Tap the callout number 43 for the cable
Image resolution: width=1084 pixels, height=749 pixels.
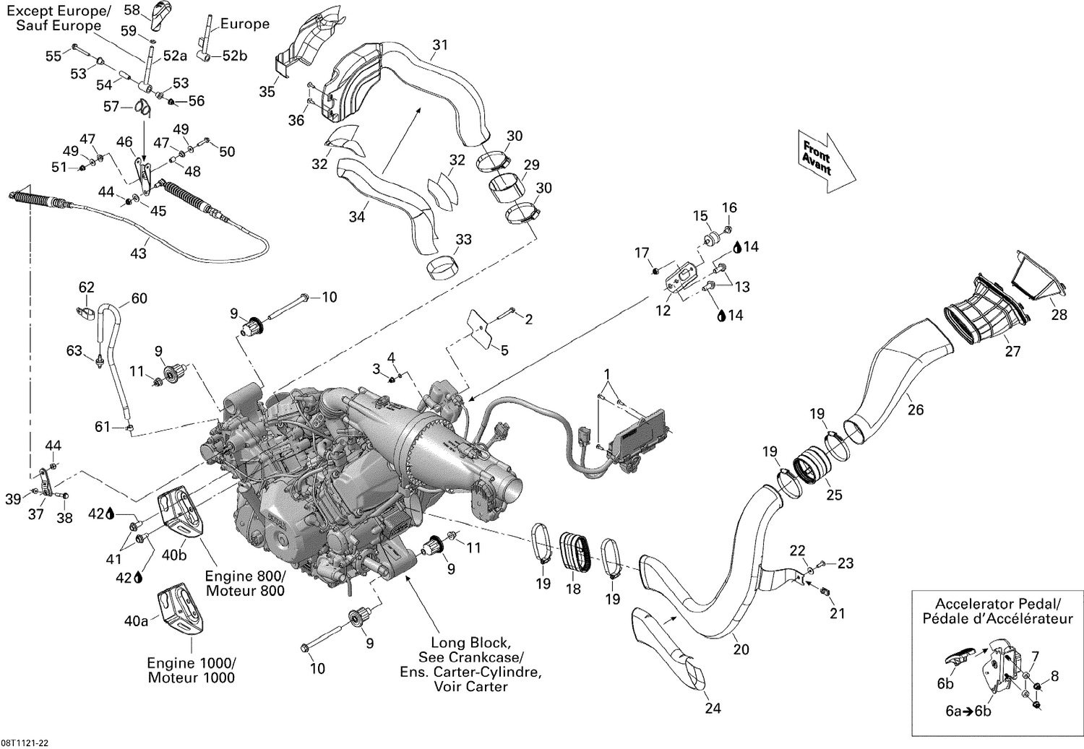click(137, 253)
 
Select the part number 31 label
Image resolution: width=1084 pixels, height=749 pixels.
click(439, 45)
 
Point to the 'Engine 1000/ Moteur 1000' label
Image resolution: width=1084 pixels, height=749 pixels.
click(191, 670)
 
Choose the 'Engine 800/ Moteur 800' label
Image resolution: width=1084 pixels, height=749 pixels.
click(245, 584)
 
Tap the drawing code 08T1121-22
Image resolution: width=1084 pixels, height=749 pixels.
click(25, 742)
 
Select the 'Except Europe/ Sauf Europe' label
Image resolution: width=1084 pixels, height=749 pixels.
click(59, 19)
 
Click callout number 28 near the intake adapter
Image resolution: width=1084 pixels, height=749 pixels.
click(1059, 315)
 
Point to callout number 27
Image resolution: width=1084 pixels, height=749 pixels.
click(1013, 351)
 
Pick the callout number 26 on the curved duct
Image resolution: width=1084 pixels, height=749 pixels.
click(916, 410)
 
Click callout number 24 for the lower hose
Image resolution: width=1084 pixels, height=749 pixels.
click(713, 708)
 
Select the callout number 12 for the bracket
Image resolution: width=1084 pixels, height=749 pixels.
click(663, 311)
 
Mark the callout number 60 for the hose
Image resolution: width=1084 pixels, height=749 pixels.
click(139, 298)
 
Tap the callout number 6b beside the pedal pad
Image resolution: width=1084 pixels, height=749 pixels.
click(945, 684)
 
